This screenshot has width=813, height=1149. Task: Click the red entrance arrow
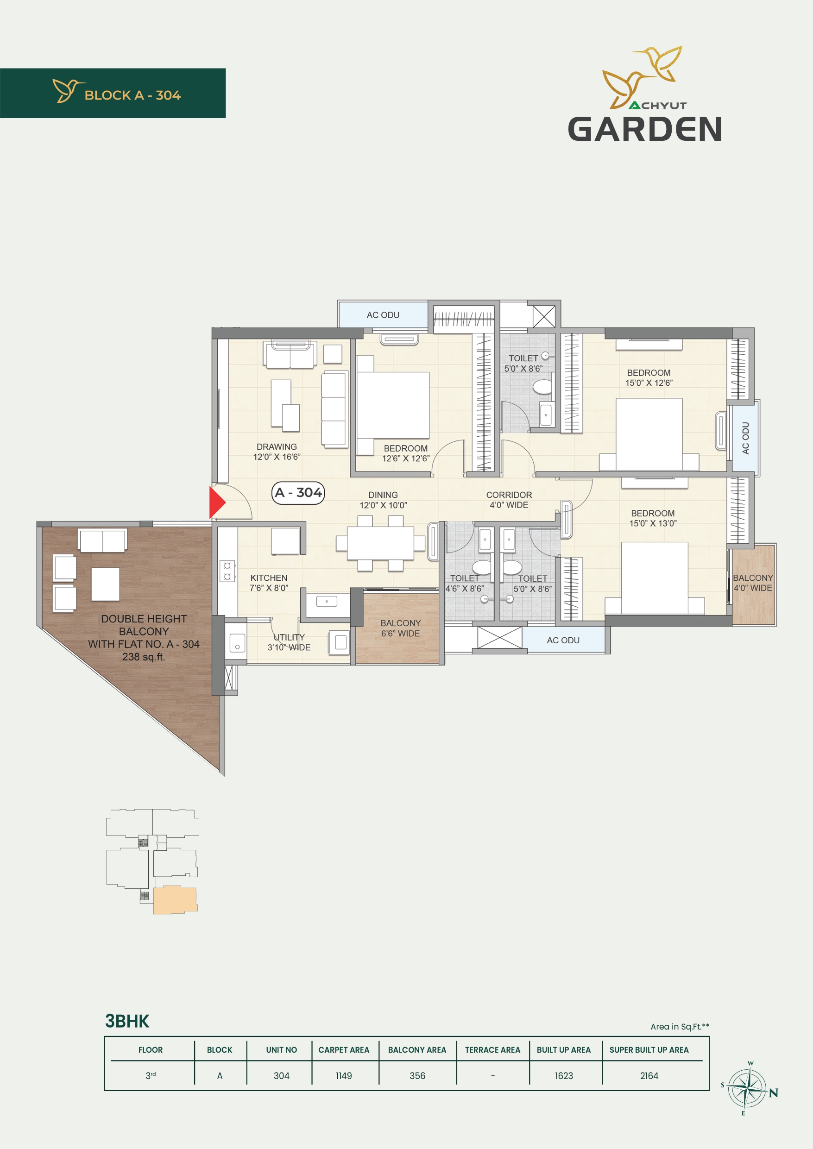click(x=217, y=502)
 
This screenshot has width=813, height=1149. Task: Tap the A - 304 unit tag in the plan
click(x=298, y=493)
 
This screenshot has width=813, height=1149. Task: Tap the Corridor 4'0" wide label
click(x=509, y=500)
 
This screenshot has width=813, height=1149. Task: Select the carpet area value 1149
click(x=344, y=1076)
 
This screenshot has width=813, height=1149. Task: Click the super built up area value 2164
click(x=649, y=1076)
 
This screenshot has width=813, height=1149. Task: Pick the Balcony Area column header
click(x=417, y=1050)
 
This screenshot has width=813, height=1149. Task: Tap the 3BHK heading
click(x=127, y=1021)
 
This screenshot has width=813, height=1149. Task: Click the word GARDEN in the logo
click(x=645, y=129)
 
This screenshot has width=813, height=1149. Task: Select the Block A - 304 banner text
click(x=132, y=95)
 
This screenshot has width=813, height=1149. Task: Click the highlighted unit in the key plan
click(x=175, y=900)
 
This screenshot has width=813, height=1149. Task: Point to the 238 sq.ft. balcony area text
click(x=144, y=657)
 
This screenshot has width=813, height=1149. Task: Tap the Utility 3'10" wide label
click(x=289, y=642)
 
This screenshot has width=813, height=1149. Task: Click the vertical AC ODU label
click(x=746, y=438)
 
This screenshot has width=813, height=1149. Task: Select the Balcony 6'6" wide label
click(x=401, y=628)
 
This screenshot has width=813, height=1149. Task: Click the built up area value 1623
click(x=564, y=1076)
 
